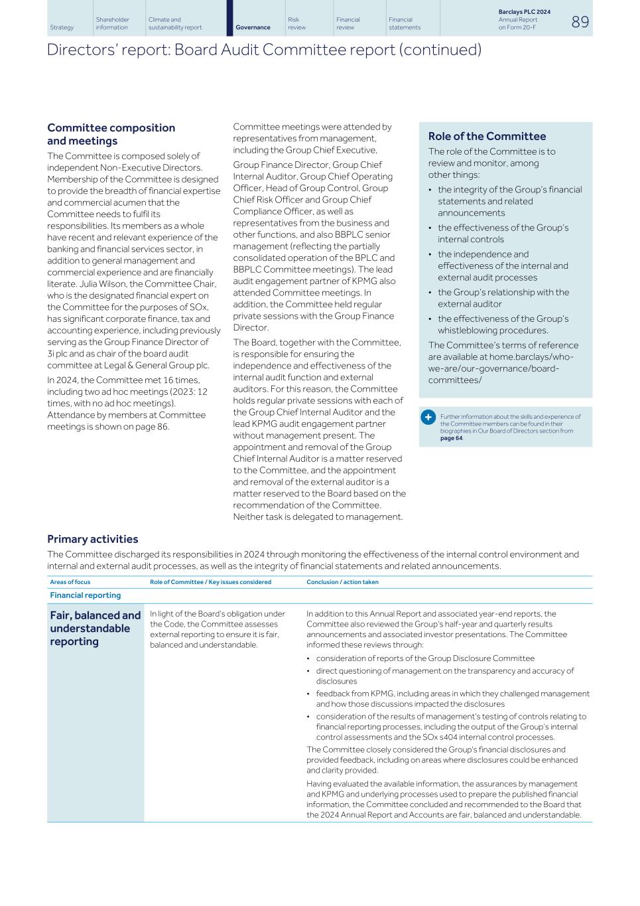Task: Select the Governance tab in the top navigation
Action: [x=253, y=27]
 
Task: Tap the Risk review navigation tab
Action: [x=296, y=24]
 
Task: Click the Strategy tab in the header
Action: [x=62, y=27]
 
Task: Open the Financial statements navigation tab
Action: [x=404, y=24]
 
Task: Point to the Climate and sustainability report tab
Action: [x=174, y=24]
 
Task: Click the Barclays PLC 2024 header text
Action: [x=523, y=12]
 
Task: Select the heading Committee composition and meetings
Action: [x=111, y=134]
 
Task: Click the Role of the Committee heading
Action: [x=487, y=136]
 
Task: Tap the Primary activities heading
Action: [x=92, y=539]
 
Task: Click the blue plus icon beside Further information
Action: [x=428, y=417]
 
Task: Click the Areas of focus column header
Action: [x=70, y=582]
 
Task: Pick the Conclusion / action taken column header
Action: [x=342, y=582]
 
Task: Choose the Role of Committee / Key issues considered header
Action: [x=210, y=582]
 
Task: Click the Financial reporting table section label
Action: [x=85, y=595]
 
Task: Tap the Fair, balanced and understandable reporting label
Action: [x=95, y=628]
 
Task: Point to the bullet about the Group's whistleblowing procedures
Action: [x=502, y=325]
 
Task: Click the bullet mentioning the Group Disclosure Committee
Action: [x=424, y=658]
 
